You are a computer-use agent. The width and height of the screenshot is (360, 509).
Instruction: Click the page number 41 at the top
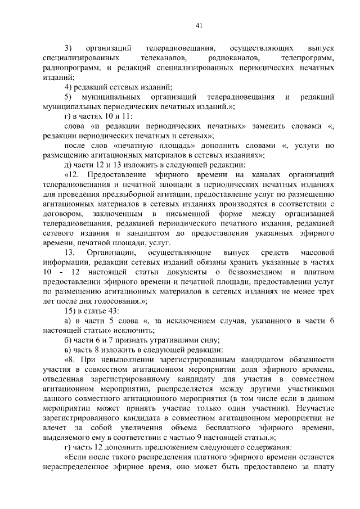[199, 24]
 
